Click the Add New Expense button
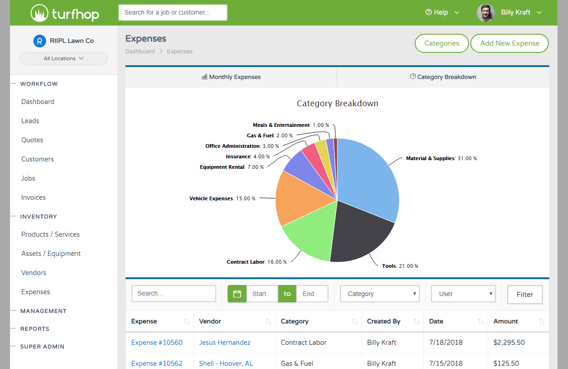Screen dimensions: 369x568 509,43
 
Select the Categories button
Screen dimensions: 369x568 441,43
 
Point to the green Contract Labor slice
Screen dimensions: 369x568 310,237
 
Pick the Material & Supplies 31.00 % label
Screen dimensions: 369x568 441,158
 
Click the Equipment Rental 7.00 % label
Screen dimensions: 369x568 232,167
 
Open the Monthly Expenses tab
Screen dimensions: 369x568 231,77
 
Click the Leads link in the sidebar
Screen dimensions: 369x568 30,121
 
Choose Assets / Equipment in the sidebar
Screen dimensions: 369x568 51,254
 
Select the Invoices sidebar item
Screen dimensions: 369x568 33,197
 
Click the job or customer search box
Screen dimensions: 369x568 172,13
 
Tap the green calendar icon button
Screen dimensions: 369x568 237,294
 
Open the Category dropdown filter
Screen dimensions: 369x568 380,294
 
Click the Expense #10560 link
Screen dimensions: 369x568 157,343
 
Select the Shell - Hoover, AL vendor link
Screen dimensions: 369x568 226,364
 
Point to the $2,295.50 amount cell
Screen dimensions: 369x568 509,343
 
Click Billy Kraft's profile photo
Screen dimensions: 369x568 486,13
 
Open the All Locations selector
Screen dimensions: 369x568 63,58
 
